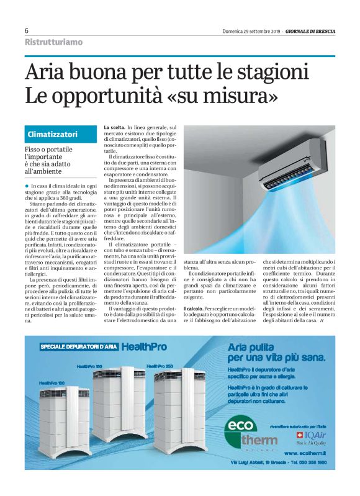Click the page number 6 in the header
[x=27, y=31]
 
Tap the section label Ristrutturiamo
[x=53, y=42]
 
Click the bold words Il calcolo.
[x=197, y=308]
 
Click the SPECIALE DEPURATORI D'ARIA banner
[x=78, y=347]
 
